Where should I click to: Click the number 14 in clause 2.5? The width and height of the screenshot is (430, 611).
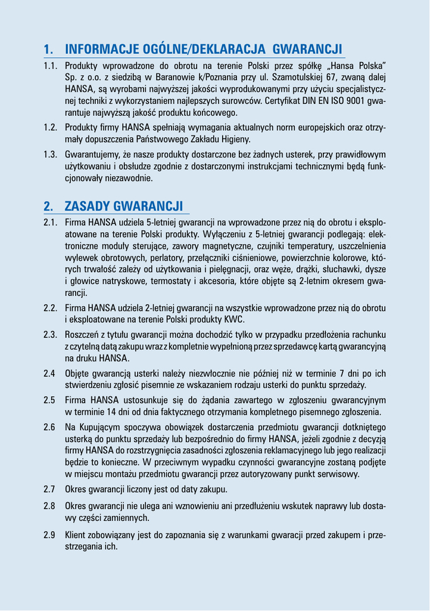[x=108, y=412]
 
